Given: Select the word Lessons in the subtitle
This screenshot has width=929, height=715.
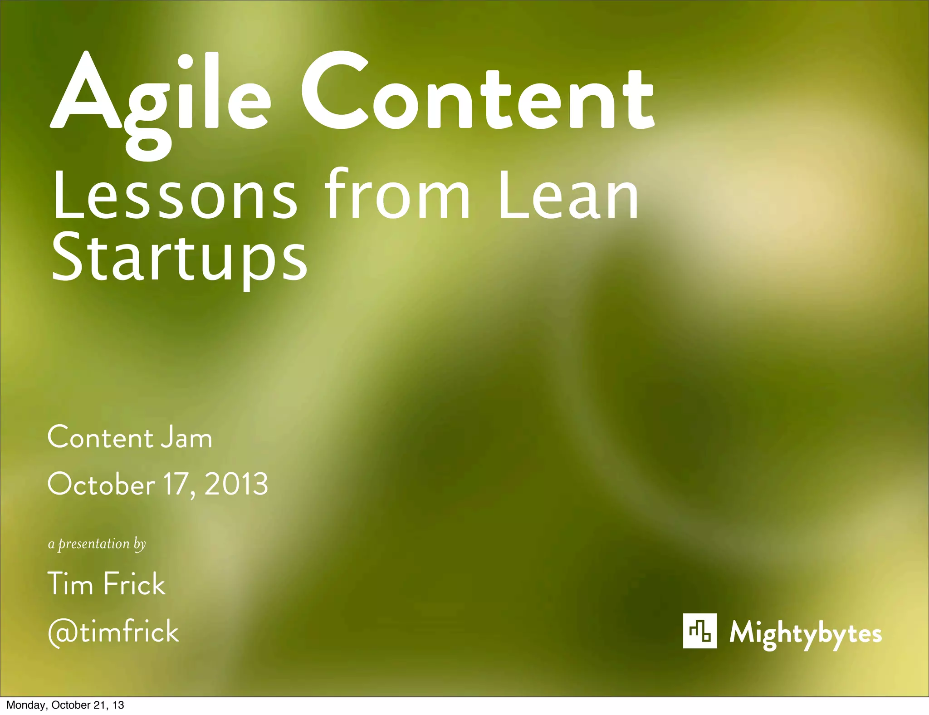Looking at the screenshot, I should tap(175, 195).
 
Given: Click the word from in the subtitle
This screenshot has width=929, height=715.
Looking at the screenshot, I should tap(397, 195).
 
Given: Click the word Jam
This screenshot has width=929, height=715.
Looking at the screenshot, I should tap(186, 438).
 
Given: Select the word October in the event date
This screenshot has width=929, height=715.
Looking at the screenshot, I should tap(101, 485).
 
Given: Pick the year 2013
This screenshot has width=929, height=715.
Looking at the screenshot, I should tap(236, 485).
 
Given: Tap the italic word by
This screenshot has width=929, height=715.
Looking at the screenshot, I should tap(139, 544).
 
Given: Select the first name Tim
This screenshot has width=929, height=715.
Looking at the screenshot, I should tap(70, 584).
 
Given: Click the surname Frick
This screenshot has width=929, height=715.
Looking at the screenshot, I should tap(134, 584).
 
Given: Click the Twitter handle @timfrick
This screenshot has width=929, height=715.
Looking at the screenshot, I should tap(113, 632).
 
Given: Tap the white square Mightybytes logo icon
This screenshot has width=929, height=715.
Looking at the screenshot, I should tap(699, 631).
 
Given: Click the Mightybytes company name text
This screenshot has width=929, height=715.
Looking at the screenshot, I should tap(805, 633).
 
